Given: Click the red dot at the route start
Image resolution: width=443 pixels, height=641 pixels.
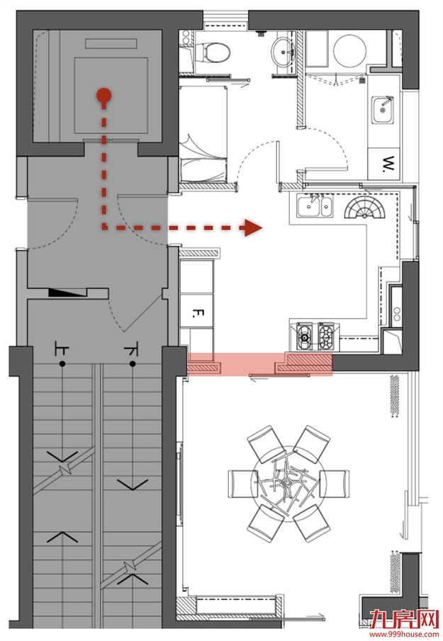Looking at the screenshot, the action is (x=104, y=95).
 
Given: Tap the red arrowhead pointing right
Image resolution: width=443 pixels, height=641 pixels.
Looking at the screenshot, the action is (x=253, y=227).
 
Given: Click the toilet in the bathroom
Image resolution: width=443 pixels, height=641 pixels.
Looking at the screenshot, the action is (x=213, y=52).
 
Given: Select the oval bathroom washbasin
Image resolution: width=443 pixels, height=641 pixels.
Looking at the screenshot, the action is (x=283, y=52).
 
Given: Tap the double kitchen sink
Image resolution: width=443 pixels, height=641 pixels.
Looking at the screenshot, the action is (x=315, y=205).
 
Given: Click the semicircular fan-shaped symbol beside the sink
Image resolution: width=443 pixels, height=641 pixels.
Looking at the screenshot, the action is (x=365, y=208).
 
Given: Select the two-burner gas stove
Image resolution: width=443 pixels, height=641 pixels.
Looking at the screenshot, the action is (x=315, y=336).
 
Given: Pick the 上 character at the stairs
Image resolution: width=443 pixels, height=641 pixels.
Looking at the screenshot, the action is (x=62, y=350).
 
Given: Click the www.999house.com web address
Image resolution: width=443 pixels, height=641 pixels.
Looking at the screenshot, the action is (x=404, y=635).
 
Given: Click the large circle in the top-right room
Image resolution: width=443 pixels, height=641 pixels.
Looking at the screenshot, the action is (x=349, y=51).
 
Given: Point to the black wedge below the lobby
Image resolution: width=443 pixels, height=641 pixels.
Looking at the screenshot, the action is (x=68, y=293).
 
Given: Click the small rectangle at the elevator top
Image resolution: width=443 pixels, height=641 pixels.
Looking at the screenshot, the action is (x=111, y=43).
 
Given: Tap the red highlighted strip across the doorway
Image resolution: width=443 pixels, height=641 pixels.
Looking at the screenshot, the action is (x=260, y=364).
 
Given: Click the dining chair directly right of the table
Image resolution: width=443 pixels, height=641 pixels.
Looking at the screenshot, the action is (x=335, y=483).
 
